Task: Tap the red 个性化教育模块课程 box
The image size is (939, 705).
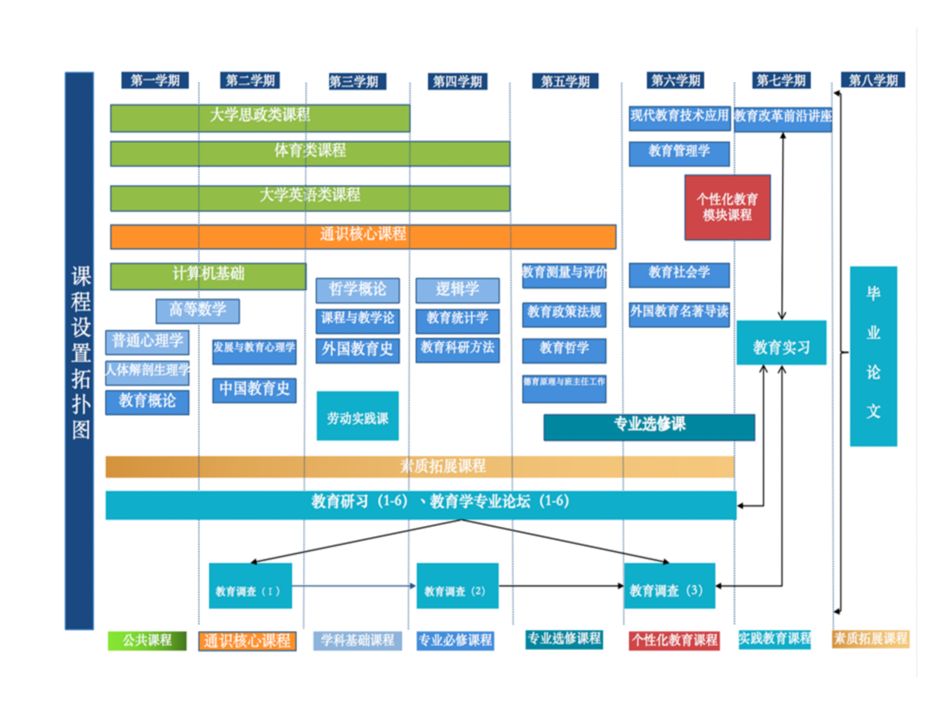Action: pyautogui.click(x=727, y=207)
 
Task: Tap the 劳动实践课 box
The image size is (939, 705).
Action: pyautogui.click(x=358, y=416)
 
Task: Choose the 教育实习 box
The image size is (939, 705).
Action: pyautogui.click(x=781, y=342)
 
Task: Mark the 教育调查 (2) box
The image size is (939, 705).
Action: pyautogui.click(x=457, y=586)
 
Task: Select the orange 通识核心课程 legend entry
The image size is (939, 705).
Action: pyautogui.click(x=247, y=640)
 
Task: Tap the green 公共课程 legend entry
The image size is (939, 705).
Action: pyautogui.click(x=147, y=640)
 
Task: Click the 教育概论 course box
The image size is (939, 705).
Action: pyautogui.click(x=147, y=402)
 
